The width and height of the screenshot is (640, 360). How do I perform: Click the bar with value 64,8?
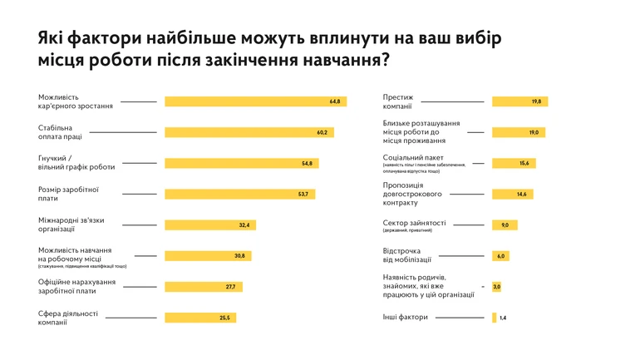[x=254, y=101]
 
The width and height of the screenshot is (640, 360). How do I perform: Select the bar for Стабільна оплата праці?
[x=249, y=132]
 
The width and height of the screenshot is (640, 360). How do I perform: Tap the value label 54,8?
[x=307, y=163]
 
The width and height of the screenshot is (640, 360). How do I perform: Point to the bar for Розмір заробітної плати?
[x=239, y=194]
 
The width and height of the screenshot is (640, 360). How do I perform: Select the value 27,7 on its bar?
[x=230, y=287]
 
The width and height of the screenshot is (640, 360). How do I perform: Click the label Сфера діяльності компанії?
[x=68, y=318]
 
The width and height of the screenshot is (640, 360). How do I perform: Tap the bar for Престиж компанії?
[x=519, y=101]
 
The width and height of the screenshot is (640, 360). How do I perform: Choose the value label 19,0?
[x=534, y=132]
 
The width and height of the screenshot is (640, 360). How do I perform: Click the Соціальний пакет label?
[x=413, y=156]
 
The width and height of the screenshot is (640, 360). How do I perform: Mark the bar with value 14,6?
[x=512, y=194]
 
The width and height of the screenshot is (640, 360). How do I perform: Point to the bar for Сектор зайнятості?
[x=505, y=224]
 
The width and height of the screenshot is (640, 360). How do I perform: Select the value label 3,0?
[x=496, y=287]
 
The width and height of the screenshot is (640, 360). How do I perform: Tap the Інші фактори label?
[x=405, y=317]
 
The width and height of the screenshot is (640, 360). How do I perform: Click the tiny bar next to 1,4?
[x=494, y=318]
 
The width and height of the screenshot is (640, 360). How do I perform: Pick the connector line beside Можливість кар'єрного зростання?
[x=138, y=101]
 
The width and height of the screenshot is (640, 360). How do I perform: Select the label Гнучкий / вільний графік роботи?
[x=76, y=163]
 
